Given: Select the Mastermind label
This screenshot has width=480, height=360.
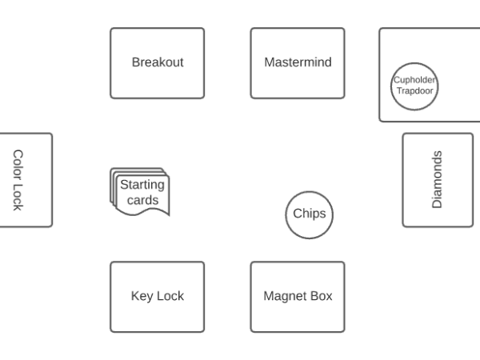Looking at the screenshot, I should (298, 62).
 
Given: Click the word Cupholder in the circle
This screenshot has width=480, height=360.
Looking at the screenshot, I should (414, 79).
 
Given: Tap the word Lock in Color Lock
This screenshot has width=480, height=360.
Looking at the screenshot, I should (17, 197).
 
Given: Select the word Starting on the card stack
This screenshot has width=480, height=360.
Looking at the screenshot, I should (142, 185).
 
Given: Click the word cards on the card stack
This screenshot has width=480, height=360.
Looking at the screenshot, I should (142, 200).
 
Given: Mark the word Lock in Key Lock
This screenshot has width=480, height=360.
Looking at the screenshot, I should (170, 296).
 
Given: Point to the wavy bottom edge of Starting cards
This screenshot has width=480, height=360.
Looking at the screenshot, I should (144, 214).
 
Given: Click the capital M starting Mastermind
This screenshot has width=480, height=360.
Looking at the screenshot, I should (269, 62).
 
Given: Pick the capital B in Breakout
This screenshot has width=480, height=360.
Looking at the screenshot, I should (136, 62).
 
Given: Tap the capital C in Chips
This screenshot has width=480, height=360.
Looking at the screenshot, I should (298, 214).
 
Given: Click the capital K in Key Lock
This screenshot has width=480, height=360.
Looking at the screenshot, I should (134, 296).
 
